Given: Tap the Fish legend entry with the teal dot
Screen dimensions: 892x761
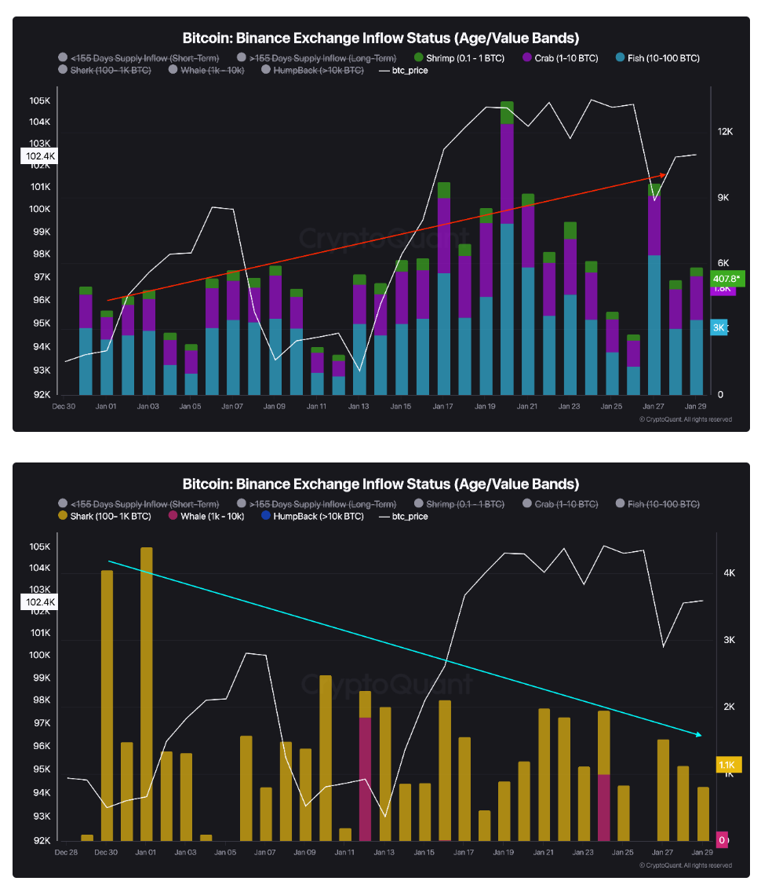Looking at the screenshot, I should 657,58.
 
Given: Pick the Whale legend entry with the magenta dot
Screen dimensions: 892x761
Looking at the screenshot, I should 206,517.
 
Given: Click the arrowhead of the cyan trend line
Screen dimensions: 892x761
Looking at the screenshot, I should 697,735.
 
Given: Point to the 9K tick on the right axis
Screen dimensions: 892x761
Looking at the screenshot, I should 724,198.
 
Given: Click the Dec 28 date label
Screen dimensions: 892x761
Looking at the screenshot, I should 66,852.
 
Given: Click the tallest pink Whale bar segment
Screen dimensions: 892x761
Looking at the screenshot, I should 365,777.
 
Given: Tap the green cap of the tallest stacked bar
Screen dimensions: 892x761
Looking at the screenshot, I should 507,112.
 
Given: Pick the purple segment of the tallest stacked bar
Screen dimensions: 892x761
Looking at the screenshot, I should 507,173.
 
